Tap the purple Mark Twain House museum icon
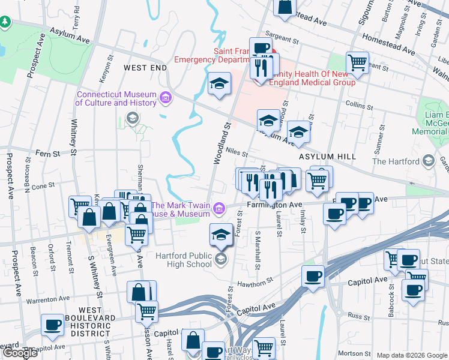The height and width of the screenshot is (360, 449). click(x=220, y=209)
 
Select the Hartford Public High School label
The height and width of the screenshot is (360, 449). click(x=184, y=260)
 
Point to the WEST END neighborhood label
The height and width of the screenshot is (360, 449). click(x=145, y=68)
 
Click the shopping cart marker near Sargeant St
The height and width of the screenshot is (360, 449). click(x=357, y=62)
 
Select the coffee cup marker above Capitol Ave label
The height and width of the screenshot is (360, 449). click(x=312, y=277)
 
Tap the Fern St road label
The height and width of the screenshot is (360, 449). click(x=50, y=154)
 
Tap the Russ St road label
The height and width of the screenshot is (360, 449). click(x=355, y=314)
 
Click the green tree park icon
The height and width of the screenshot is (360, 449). click(x=6, y=22)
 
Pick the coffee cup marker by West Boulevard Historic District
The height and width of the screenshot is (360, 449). click(x=52, y=325)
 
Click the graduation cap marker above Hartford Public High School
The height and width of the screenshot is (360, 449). click(x=221, y=233)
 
